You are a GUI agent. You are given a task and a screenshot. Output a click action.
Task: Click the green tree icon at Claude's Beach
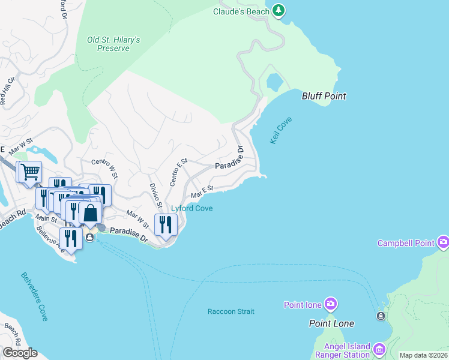pyautogui.click(x=278, y=10)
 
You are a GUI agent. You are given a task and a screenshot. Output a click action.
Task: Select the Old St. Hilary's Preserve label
pyautogui.click(x=113, y=44)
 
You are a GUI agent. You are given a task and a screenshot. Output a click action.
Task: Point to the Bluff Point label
pyautogui.click(x=324, y=96)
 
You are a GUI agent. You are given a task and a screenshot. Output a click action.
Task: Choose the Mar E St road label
pyautogui.click(x=202, y=192)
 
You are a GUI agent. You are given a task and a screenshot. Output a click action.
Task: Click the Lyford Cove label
pyautogui.click(x=192, y=209)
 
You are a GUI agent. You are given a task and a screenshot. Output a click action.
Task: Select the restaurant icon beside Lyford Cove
pyautogui.click(x=165, y=225)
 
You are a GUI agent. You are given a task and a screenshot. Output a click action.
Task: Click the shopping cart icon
pyautogui.click(x=29, y=172)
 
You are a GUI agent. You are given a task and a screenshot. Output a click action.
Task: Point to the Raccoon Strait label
pyautogui.click(x=231, y=311)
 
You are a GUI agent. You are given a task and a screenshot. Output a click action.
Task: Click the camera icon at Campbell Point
pyautogui.click(x=444, y=242)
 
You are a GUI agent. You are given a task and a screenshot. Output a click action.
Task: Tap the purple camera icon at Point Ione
pyautogui.click(x=331, y=304)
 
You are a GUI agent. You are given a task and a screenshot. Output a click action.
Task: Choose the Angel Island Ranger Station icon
pyautogui.click(x=379, y=349)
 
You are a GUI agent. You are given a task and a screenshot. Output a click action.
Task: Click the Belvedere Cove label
pyautogui.click(x=34, y=296)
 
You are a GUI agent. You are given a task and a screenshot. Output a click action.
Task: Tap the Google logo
pyautogui.click(x=20, y=353)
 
